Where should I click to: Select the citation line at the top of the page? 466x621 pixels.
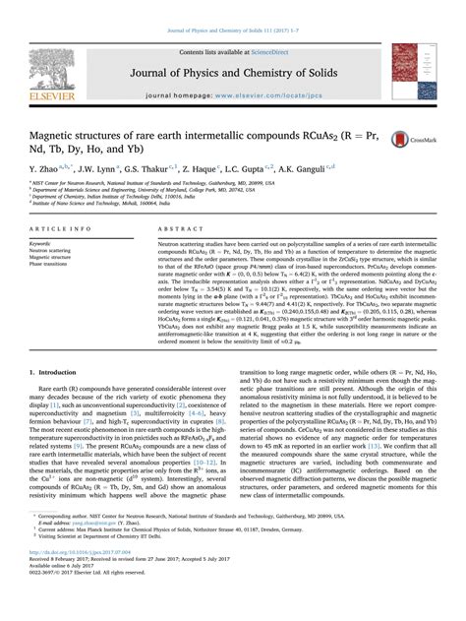(x=232, y=8)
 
